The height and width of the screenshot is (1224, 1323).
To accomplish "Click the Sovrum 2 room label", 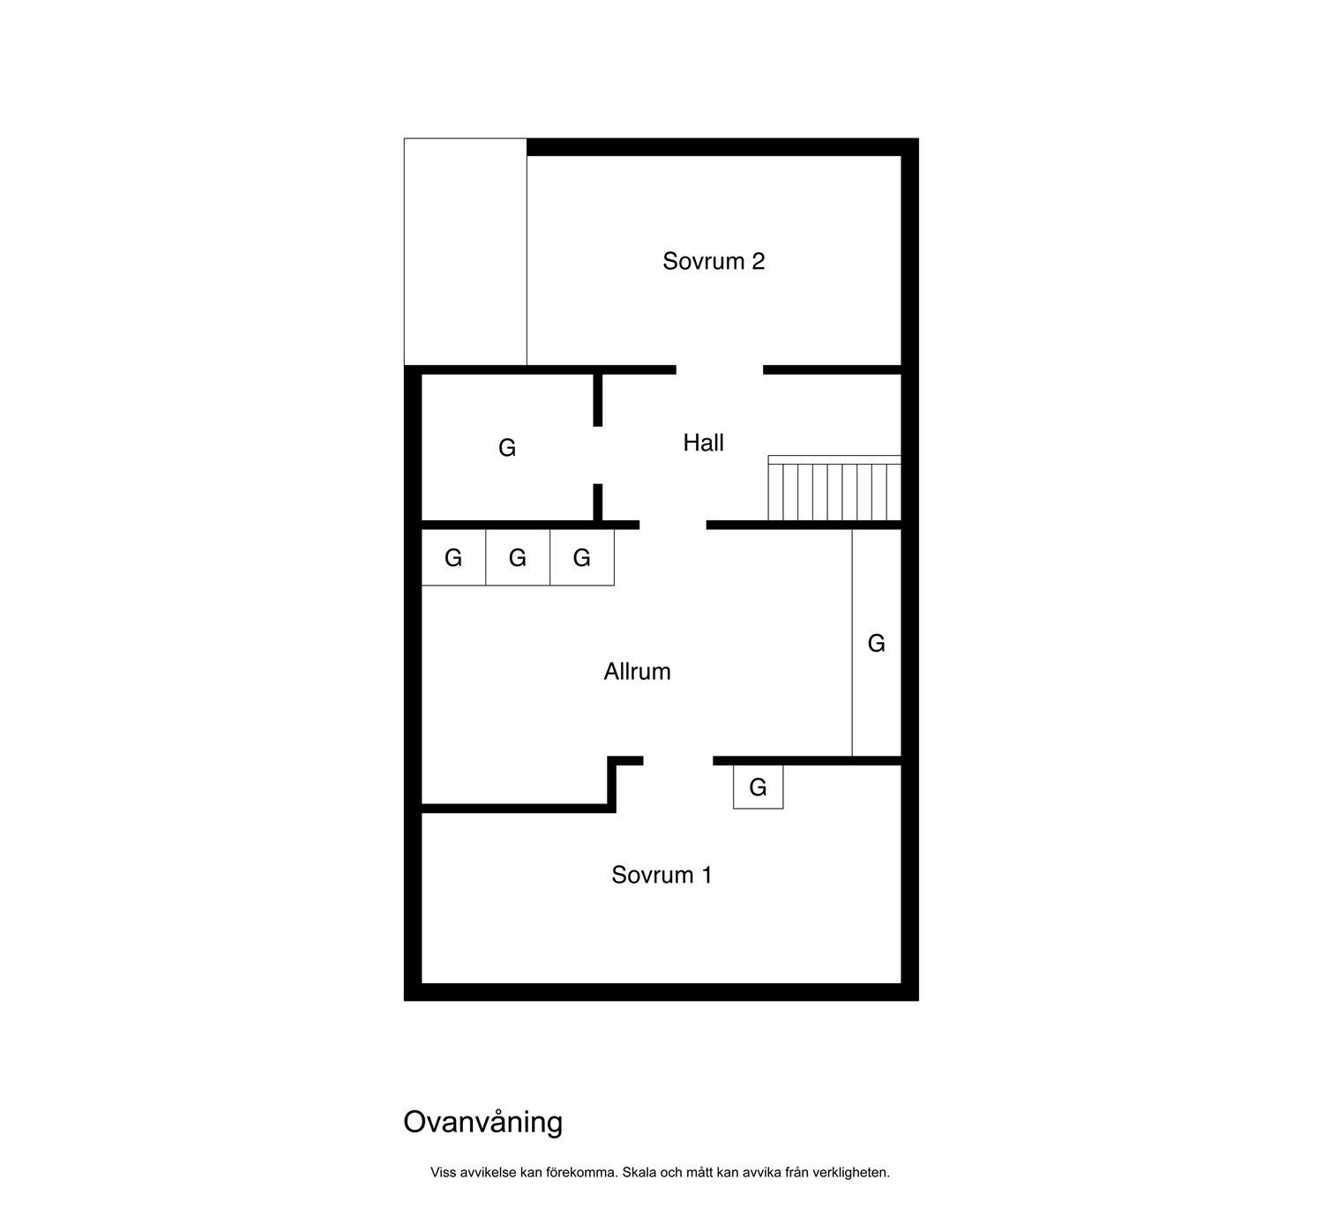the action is coord(714,261).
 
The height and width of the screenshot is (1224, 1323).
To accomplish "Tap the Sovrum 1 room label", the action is coord(661,875).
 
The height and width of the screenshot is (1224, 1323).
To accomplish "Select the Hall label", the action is coord(703,443).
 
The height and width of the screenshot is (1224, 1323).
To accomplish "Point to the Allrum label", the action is coord(637,671).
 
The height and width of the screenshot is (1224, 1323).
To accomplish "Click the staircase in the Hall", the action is coord(834,488).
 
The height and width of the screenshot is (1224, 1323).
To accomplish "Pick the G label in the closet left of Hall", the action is coord(507,448).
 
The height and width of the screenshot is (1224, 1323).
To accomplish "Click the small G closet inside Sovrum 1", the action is coord(759,787).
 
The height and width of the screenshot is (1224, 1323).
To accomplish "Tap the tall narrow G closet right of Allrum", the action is coord(877,643).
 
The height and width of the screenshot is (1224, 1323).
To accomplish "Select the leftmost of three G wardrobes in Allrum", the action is coord(453,557).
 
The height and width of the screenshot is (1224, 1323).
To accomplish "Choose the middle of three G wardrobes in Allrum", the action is coord(518,557).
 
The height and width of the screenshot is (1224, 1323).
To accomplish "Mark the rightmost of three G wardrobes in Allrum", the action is coord(581,557).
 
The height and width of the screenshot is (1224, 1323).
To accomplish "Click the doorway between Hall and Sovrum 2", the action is coord(720,369).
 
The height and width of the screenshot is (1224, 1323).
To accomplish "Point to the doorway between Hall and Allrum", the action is coord(673,525).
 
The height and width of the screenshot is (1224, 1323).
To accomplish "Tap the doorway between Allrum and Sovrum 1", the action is coord(678,761).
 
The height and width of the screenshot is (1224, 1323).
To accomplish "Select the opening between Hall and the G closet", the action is coord(597,455).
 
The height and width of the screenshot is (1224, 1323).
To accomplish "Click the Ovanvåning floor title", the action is coord(483,1122).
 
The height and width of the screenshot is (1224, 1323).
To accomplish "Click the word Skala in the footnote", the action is coord(638,1172).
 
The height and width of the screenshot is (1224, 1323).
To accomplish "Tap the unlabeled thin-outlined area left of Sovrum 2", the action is coord(465,252).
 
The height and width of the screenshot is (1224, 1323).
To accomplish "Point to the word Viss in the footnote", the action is coord(444,1172).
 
